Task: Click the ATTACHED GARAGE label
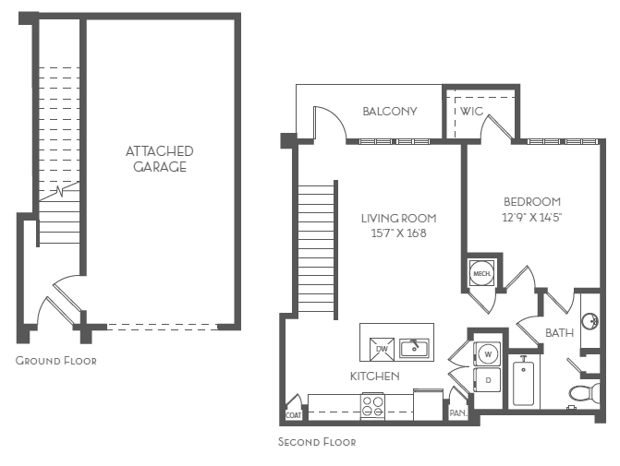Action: click(159, 159)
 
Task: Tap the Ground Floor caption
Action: click(55, 361)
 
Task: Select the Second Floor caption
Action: click(317, 442)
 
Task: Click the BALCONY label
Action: click(389, 112)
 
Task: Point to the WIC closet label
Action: click(472, 112)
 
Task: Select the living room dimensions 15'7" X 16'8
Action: click(398, 233)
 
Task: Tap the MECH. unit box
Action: click(481, 273)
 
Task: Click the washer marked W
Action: click(487, 352)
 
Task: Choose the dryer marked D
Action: click(487, 379)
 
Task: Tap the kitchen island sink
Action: click(415, 347)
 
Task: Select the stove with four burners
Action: click(372, 404)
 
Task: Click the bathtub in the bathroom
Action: click(524, 382)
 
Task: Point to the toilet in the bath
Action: click(582, 394)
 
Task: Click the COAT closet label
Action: click(293, 414)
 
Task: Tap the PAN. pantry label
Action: click(457, 414)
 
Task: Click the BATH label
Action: click(559, 332)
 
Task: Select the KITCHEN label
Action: click(374, 376)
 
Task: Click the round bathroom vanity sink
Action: click(593, 321)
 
